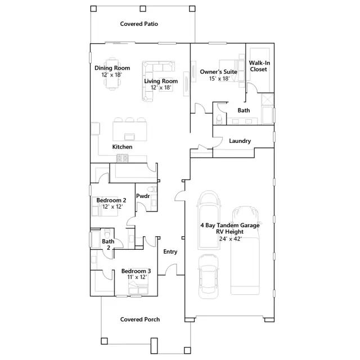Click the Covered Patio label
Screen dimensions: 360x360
point(139,24)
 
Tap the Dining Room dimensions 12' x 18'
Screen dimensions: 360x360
point(111,75)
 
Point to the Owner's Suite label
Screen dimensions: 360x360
point(218,72)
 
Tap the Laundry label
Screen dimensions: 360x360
point(240,141)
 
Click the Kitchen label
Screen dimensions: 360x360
point(122,147)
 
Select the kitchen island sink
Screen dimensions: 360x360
point(129,135)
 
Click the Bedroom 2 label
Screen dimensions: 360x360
point(111,200)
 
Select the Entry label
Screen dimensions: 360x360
point(170,251)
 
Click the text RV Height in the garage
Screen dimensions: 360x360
point(231,232)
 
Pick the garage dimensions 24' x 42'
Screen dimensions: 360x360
point(231,238)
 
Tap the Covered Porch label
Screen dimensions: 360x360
point(140,319)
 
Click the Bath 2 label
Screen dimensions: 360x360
point(107,244)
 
